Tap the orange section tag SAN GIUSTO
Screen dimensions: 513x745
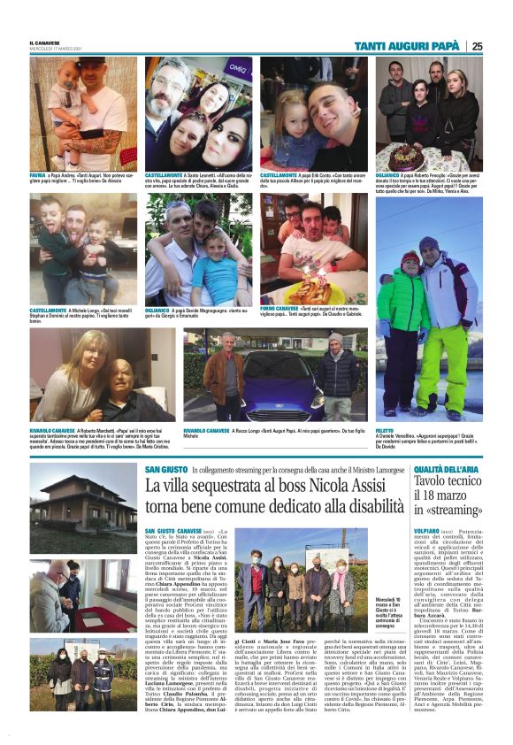(x=165, y=469)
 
